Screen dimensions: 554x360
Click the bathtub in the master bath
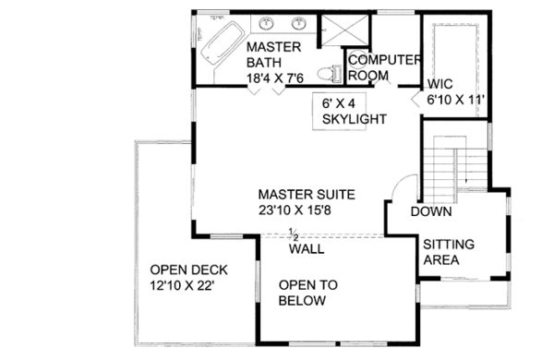223,43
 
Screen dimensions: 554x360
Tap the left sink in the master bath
266,24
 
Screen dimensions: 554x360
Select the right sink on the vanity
299,24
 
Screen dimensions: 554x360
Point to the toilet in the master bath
330,74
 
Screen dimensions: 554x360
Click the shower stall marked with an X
344,30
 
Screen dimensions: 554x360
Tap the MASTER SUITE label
307,195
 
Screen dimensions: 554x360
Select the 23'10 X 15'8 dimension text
295,210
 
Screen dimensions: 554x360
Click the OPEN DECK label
188,270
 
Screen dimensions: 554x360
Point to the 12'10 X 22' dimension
182,285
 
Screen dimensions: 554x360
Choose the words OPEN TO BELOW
308,293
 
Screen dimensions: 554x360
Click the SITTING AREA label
449,252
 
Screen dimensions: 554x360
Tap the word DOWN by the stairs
431,211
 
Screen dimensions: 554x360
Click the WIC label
440,84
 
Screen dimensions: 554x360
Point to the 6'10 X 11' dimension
455,100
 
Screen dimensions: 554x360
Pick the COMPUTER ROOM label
384,67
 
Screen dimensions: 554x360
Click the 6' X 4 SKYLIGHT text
354,112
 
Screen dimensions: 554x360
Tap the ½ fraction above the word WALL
293,234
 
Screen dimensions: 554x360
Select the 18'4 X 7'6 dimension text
275,78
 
